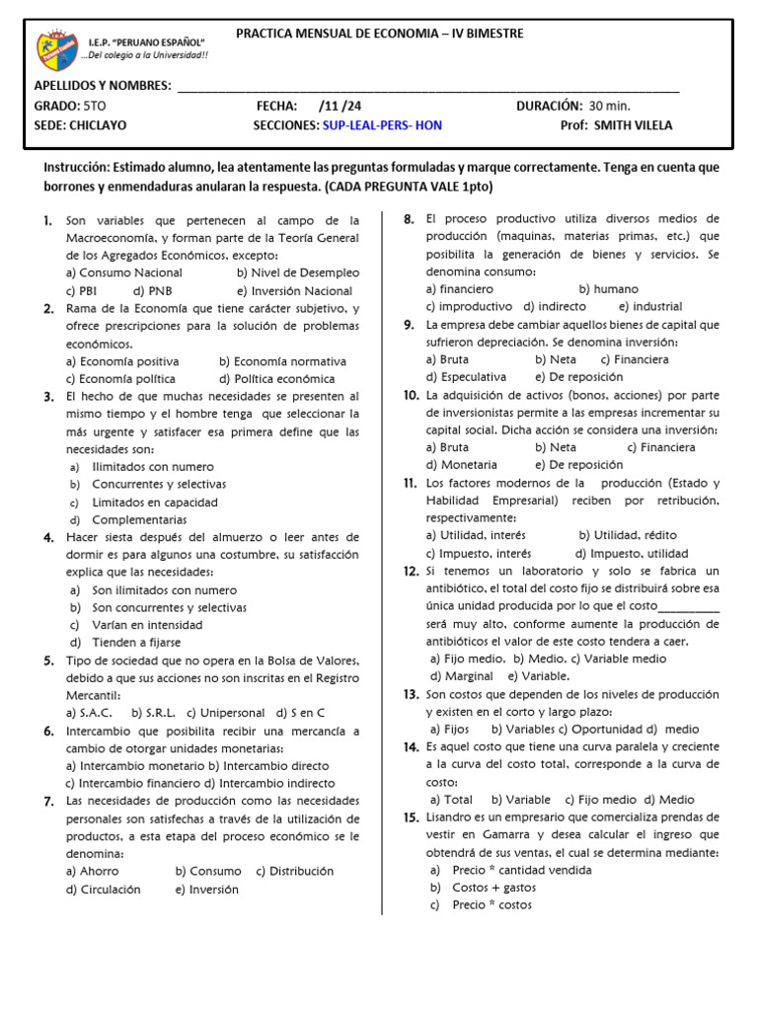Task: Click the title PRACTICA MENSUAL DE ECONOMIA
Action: [x=380, y=34]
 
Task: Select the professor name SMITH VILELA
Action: [x=638, y=125]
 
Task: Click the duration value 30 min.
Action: [x=610, y=106]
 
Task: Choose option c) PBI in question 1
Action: [x=82, y=290]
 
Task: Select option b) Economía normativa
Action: [x=283, y=361]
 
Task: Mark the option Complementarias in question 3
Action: [x=139, y=519]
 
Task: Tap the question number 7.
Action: [x=48, y=801]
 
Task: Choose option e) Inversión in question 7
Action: [x=207, y=889]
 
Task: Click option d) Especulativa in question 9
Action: [x=466, y=377]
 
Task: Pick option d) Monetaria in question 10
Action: [x=462, y=464]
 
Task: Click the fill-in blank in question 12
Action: [x=688, y=606]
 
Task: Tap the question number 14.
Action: [x=412, y=746]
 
